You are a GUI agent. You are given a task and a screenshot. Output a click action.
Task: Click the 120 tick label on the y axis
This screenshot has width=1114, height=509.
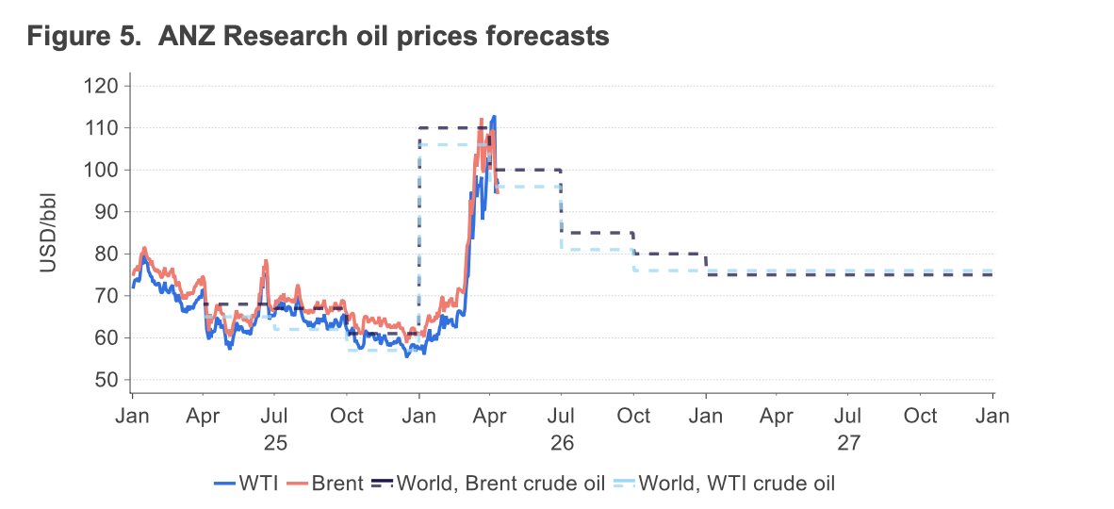[102, 86]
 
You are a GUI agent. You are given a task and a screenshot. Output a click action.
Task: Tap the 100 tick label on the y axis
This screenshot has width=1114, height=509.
[102, 170]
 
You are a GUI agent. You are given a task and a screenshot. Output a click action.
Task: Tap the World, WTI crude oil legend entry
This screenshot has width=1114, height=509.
[736, 484]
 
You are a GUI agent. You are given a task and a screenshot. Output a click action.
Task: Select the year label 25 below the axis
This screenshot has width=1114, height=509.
[274, 441]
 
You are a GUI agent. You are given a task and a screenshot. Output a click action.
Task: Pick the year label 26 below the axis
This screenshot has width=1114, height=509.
[562, 441]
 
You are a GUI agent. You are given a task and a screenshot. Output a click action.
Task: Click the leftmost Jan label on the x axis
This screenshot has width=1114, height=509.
[132, 417]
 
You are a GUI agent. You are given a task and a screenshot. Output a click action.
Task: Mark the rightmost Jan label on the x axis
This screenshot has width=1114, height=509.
[993, 417]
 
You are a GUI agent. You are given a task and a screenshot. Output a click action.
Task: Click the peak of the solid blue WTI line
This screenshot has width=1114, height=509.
[495, 117]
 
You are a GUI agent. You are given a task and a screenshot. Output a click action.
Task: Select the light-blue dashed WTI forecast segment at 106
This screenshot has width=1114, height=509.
[448, 144]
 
